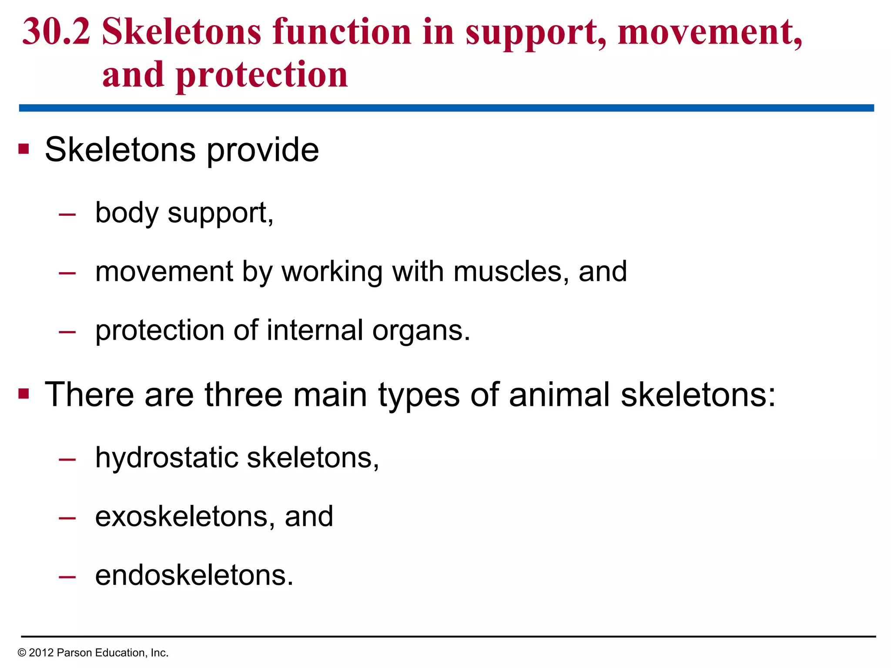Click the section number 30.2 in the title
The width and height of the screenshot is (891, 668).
tap(56, 32)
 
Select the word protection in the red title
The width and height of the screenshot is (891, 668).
tap(262, 75)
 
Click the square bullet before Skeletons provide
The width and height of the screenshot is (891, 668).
tap(23, 150)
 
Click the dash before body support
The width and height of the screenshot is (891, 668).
tap(67, 214)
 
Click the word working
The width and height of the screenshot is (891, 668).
tap(332, 272)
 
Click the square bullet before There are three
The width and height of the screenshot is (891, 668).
tap(23, 394)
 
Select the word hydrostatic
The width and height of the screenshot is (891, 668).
tap(167, 458)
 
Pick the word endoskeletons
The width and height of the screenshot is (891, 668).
tap(194, 575)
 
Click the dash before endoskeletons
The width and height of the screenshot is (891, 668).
tap(67, 577)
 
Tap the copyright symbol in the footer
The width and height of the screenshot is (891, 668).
tap(22, 653)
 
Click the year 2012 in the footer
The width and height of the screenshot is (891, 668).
tap(41, 653)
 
